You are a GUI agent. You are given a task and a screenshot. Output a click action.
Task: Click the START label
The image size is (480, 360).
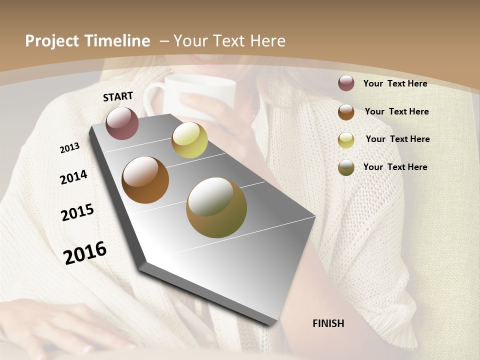click(118, 96)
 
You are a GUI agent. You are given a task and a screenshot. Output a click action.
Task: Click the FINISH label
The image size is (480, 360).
click(328, 323)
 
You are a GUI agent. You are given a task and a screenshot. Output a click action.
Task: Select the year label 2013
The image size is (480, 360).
click(69, 147)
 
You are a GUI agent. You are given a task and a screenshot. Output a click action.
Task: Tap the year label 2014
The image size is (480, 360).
click(73, 177)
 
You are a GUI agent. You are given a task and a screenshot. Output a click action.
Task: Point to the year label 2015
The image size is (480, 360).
click(77, 212)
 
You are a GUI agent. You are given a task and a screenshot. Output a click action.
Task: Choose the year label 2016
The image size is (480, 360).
click(85, 252)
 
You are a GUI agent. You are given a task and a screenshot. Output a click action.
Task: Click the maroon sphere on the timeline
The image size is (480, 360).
click(122, 123)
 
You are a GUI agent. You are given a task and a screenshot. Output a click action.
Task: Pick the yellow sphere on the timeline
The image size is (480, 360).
click(189, 140)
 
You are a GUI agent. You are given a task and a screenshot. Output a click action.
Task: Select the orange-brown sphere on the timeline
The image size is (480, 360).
click(145, 180)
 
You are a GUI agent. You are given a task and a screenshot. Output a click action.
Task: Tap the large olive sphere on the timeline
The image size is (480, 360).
click(216, 207)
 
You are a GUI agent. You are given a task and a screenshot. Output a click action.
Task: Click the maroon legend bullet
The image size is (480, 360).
click(346, 83)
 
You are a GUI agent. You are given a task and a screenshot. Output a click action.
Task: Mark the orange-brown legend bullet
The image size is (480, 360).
click(346, 112)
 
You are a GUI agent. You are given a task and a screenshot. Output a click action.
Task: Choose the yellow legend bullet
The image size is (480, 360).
click(346, 140)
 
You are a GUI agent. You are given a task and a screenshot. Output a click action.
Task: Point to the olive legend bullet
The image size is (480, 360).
click(346, 167)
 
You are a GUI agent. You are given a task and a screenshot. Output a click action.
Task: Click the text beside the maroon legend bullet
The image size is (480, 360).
click(395, 83)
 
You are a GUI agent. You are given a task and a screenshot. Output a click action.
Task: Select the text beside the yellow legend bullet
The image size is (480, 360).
click(397, 139)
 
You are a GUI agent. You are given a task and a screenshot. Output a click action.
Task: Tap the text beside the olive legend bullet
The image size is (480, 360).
click(395, 167)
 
